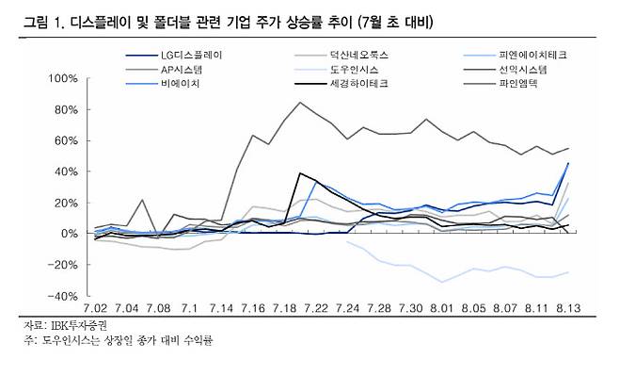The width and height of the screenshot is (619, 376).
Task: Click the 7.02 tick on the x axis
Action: click(97, 307)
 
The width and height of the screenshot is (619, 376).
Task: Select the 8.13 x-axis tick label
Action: click(565, 307)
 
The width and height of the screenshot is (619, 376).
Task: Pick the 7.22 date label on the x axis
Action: click(315, 307)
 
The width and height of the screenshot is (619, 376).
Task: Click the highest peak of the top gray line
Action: click(300, 102)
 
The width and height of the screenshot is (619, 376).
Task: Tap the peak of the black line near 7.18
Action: click(300, 173)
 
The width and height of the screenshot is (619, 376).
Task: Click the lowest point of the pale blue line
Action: click(442, 282)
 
